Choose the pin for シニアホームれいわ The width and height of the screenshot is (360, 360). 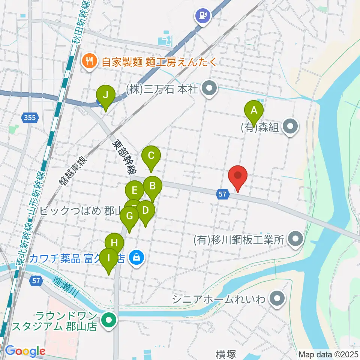[277, 299]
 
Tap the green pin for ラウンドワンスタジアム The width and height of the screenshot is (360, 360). [109, 321]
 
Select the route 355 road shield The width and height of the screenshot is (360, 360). [29, 118]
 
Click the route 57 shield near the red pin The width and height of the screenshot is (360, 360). [222, 194]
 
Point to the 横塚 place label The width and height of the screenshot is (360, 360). [226, 354]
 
